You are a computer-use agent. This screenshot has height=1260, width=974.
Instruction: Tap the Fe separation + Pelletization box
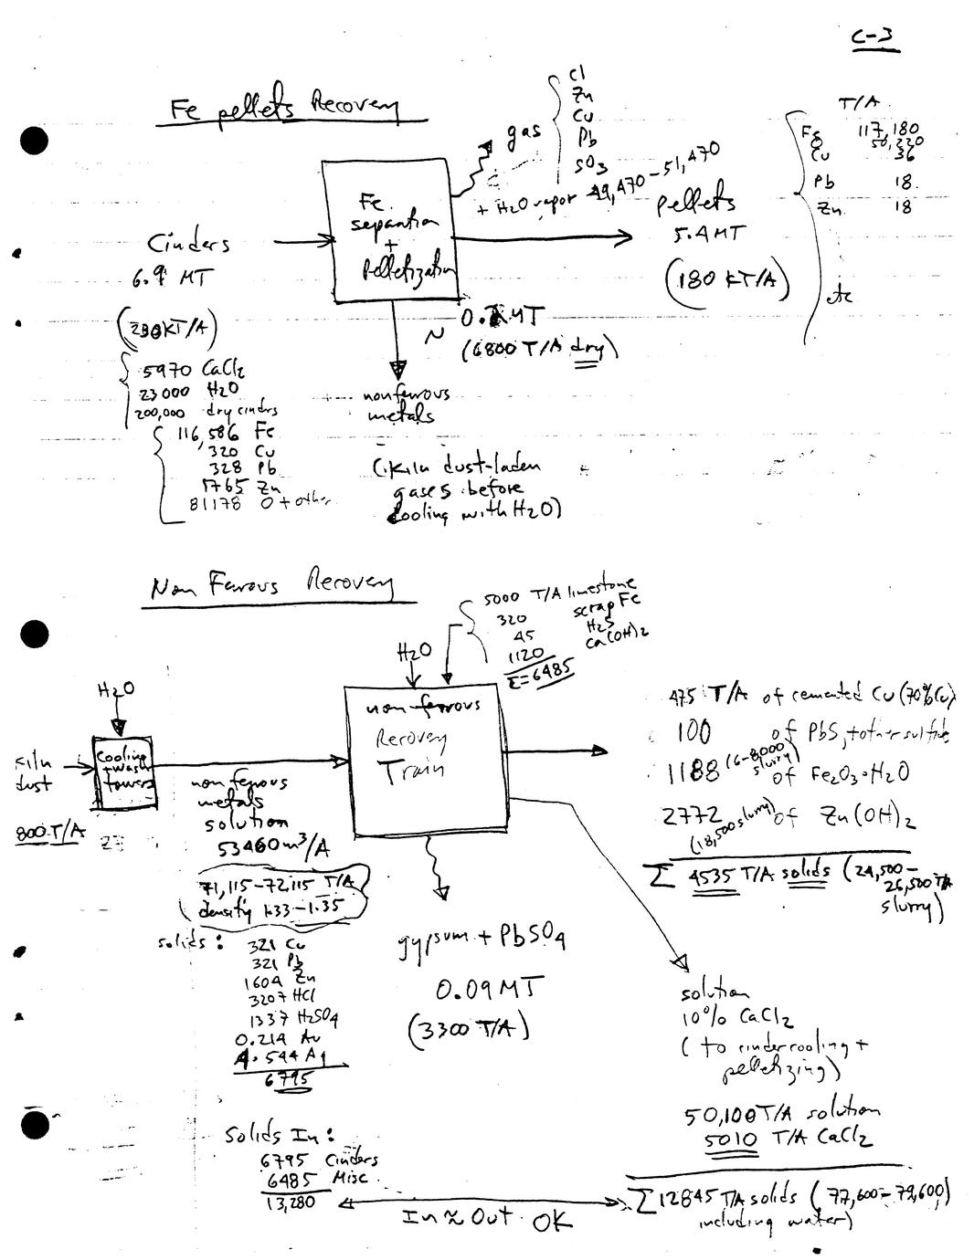389,232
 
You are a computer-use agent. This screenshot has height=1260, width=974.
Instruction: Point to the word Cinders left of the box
189,244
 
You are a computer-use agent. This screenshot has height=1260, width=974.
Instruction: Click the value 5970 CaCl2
194,372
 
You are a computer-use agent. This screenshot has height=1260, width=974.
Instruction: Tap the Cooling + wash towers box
123,772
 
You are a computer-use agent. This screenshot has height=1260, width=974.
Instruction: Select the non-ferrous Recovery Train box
424,761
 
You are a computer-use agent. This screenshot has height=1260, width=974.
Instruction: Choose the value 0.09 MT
489,988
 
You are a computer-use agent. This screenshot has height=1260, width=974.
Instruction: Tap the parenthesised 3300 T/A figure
469,1031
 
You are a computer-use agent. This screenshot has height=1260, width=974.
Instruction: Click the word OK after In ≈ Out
550,1221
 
